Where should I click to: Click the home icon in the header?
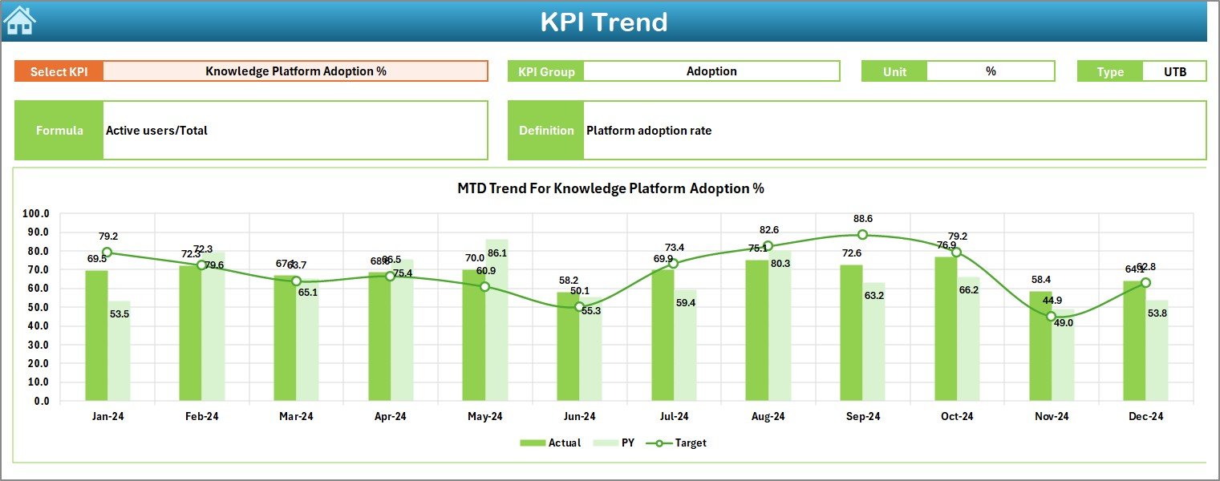19,21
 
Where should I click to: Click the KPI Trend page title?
603,22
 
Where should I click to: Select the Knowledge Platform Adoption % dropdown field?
295,71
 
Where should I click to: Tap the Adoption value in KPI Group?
711,71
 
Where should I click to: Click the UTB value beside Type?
1174,71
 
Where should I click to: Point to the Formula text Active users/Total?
156,130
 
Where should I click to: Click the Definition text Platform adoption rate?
648,130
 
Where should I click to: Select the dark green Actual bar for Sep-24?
851,333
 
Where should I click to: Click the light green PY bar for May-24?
497,321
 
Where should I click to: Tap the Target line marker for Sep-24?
862,235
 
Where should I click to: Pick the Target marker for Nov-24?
1051,317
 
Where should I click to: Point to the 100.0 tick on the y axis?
35,214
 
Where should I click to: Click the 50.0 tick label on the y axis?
36,307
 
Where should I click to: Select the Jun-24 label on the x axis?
579,417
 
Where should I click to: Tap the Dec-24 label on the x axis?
1145,417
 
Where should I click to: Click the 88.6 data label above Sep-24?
863,218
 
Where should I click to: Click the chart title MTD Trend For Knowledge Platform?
610,189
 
